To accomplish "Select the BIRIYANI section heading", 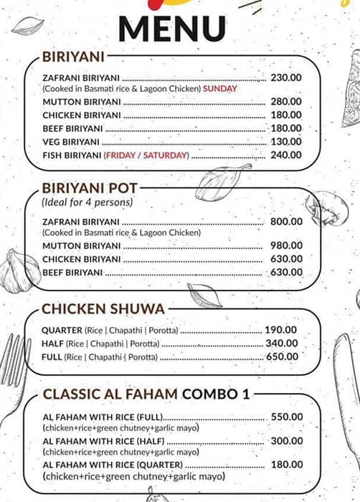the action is (74, 57).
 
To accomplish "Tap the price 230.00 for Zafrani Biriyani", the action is (286, 77).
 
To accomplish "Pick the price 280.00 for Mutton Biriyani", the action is (286, 102).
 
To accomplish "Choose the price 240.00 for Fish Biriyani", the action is (286, 155).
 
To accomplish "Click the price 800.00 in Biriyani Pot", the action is (286, 222).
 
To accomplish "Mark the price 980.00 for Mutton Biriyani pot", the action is (286, 246).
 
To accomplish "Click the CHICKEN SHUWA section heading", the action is (103, 309).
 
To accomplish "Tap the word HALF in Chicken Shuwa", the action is (52, 344).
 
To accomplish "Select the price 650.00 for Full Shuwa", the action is (282, 356).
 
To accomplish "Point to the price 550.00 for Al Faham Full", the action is (287, 417).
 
